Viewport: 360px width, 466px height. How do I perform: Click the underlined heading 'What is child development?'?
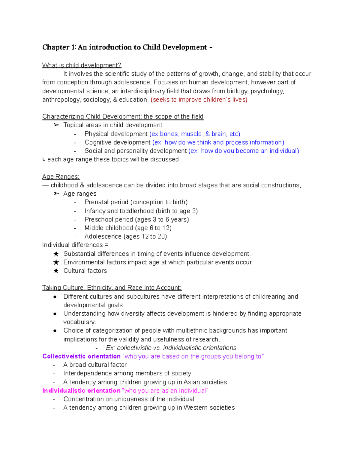[82, 65]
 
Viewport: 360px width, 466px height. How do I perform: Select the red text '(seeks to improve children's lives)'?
[199, 100]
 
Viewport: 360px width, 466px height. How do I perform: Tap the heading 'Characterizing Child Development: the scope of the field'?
[123, 116]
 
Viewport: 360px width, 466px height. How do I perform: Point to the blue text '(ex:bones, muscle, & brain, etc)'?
[195, 134]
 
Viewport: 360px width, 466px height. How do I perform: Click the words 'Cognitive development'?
[117, 142]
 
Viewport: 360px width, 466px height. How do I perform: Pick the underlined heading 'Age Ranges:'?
[61, 176]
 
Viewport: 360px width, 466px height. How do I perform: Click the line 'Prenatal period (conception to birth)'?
[136, 202]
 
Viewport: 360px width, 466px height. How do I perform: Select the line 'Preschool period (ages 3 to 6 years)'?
[136, 219]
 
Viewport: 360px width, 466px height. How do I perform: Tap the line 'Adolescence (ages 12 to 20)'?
[125, 236]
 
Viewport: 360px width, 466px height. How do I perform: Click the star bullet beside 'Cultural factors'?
[56, 271]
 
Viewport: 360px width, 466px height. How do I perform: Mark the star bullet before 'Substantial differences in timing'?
[56, 254]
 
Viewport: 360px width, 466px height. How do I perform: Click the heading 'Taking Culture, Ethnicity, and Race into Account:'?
[112, 287]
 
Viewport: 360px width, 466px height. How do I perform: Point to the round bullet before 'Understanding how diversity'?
[55, 314]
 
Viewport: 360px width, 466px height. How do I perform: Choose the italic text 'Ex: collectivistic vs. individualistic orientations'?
[171, 348]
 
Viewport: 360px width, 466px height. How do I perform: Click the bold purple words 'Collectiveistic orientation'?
[81, 356]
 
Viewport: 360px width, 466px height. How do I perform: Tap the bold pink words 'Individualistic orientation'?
[81, 390]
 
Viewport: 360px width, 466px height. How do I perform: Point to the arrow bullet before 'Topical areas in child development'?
[56, 125]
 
